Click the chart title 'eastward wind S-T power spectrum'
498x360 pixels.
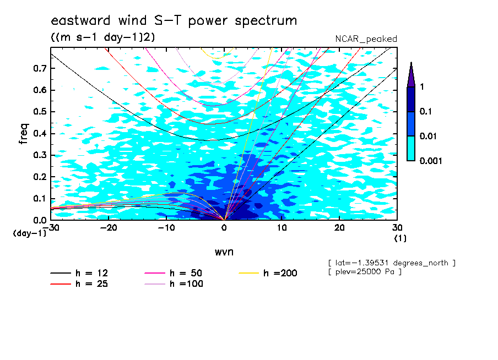(x=174, y=20)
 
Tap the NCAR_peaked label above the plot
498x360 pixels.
(x=366, y=39)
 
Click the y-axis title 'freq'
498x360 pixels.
(x=24, y=134)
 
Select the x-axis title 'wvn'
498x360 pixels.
(x=224, y=252)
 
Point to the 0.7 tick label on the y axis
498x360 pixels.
(x=40, y=68)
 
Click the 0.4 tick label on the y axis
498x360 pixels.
(x=40, y=133)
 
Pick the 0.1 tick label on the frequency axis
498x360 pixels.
(x=40, y=198)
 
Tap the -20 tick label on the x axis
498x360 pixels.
(x=109, y=228)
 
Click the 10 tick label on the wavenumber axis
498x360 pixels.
(x=282, y=228)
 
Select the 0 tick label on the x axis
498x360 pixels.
(x=224, y=228)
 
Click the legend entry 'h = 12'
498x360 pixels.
(x=79, y=273)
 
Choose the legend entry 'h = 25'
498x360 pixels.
(x=79, y=283)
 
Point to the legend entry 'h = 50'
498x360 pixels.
(x=174, y=273)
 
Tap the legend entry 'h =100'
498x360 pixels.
(x=174, y=283)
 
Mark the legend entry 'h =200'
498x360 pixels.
(x=268, y=273)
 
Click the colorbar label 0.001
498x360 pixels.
(x=431, y=161)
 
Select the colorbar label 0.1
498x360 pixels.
(x=426, y=111)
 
